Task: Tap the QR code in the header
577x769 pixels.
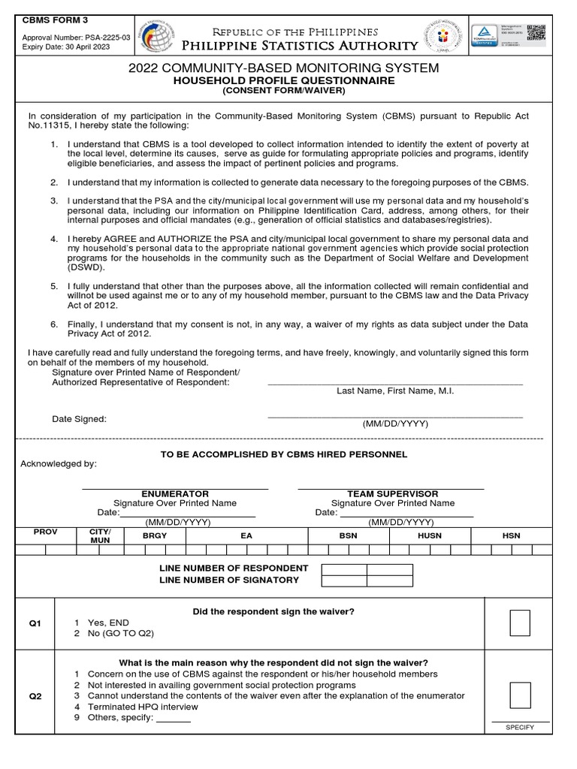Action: [x=535, y=35]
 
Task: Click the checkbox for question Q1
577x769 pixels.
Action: [x=520, y=623]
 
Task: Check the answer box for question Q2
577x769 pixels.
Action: [x=520, y=696]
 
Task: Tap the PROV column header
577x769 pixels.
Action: [x=45, y=532]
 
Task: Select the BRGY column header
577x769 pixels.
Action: [x=155, y=535]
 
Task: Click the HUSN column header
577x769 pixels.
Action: [x=430, y=535]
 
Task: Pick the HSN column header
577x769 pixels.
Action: [x=511, y=535]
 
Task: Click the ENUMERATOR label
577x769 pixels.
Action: [x=175, y=493]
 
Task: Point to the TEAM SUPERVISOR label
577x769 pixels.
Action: [x=392, y=493]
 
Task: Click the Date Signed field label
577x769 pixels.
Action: [x=79, y=419]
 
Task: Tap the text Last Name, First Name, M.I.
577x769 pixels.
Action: [x=395, y=391]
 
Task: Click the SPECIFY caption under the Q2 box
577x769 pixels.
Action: [x=520, y=728]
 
